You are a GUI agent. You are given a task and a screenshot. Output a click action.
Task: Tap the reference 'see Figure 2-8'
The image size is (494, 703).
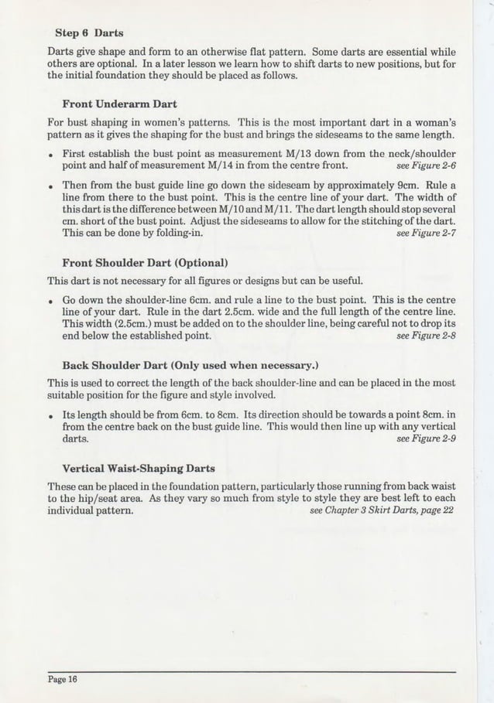[x=424, y=336]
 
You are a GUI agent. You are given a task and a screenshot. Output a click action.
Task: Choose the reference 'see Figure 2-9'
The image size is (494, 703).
[x=424, y=439]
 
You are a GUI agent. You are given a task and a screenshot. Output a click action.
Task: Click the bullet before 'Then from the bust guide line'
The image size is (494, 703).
[x=50, y=186]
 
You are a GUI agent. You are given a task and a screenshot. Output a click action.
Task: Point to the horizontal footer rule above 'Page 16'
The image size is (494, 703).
[x=248, y=671]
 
